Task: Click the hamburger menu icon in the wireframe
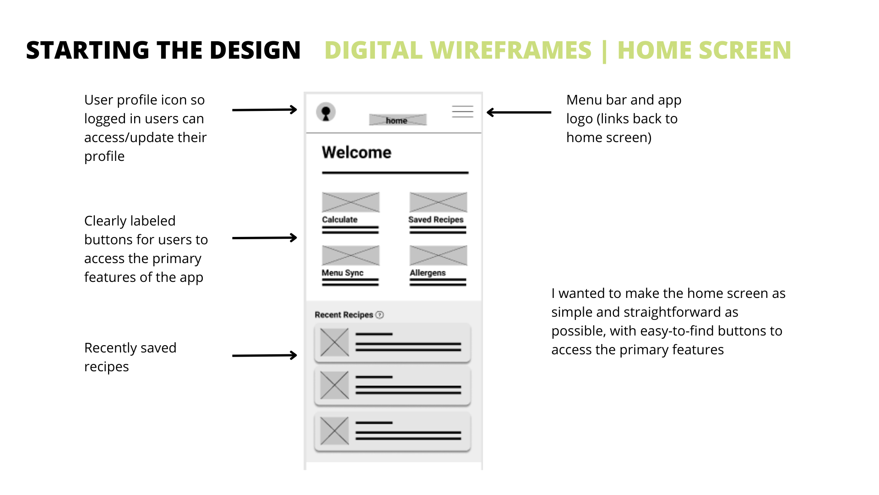462,111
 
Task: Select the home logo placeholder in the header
398,120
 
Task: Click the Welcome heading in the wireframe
357,152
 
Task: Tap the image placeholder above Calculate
351,202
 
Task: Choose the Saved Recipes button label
436,220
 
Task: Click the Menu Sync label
342,273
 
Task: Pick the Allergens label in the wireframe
428,273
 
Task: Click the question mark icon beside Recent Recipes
380,315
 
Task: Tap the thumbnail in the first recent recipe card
335,342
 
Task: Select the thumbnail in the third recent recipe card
335,431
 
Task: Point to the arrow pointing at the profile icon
265,110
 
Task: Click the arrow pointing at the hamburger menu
519,112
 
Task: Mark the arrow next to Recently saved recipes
265,355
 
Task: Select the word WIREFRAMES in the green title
511,50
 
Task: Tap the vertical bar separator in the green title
605,51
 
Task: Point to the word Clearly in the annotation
107,221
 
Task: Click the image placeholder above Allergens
438,255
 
